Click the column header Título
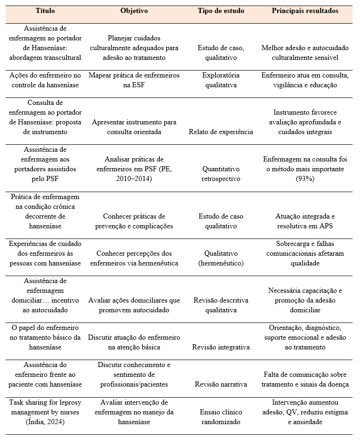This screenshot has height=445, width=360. [45, 11]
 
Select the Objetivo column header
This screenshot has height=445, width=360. [134, 11]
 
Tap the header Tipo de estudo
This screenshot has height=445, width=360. [221, 11]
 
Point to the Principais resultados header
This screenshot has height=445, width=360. [305, 11]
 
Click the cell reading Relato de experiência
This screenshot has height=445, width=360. [221, 132]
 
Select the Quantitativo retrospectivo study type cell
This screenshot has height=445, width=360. [221, 174]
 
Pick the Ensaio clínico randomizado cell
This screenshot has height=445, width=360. [221, 417]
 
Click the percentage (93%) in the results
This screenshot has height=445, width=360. [305, 179]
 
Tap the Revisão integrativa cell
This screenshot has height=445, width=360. [221, 347]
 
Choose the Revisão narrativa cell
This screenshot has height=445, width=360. [221, 384]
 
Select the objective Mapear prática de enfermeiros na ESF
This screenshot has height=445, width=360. [134, 80]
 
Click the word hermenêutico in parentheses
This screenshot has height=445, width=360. [221, 263]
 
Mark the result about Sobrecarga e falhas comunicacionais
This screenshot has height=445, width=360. [305, 253]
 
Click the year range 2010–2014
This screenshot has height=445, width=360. [134, 179]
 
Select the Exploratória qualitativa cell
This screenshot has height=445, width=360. [221, 80]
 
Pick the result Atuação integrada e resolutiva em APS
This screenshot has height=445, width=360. [305, 221]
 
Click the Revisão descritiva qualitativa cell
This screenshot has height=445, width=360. [221, 305]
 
